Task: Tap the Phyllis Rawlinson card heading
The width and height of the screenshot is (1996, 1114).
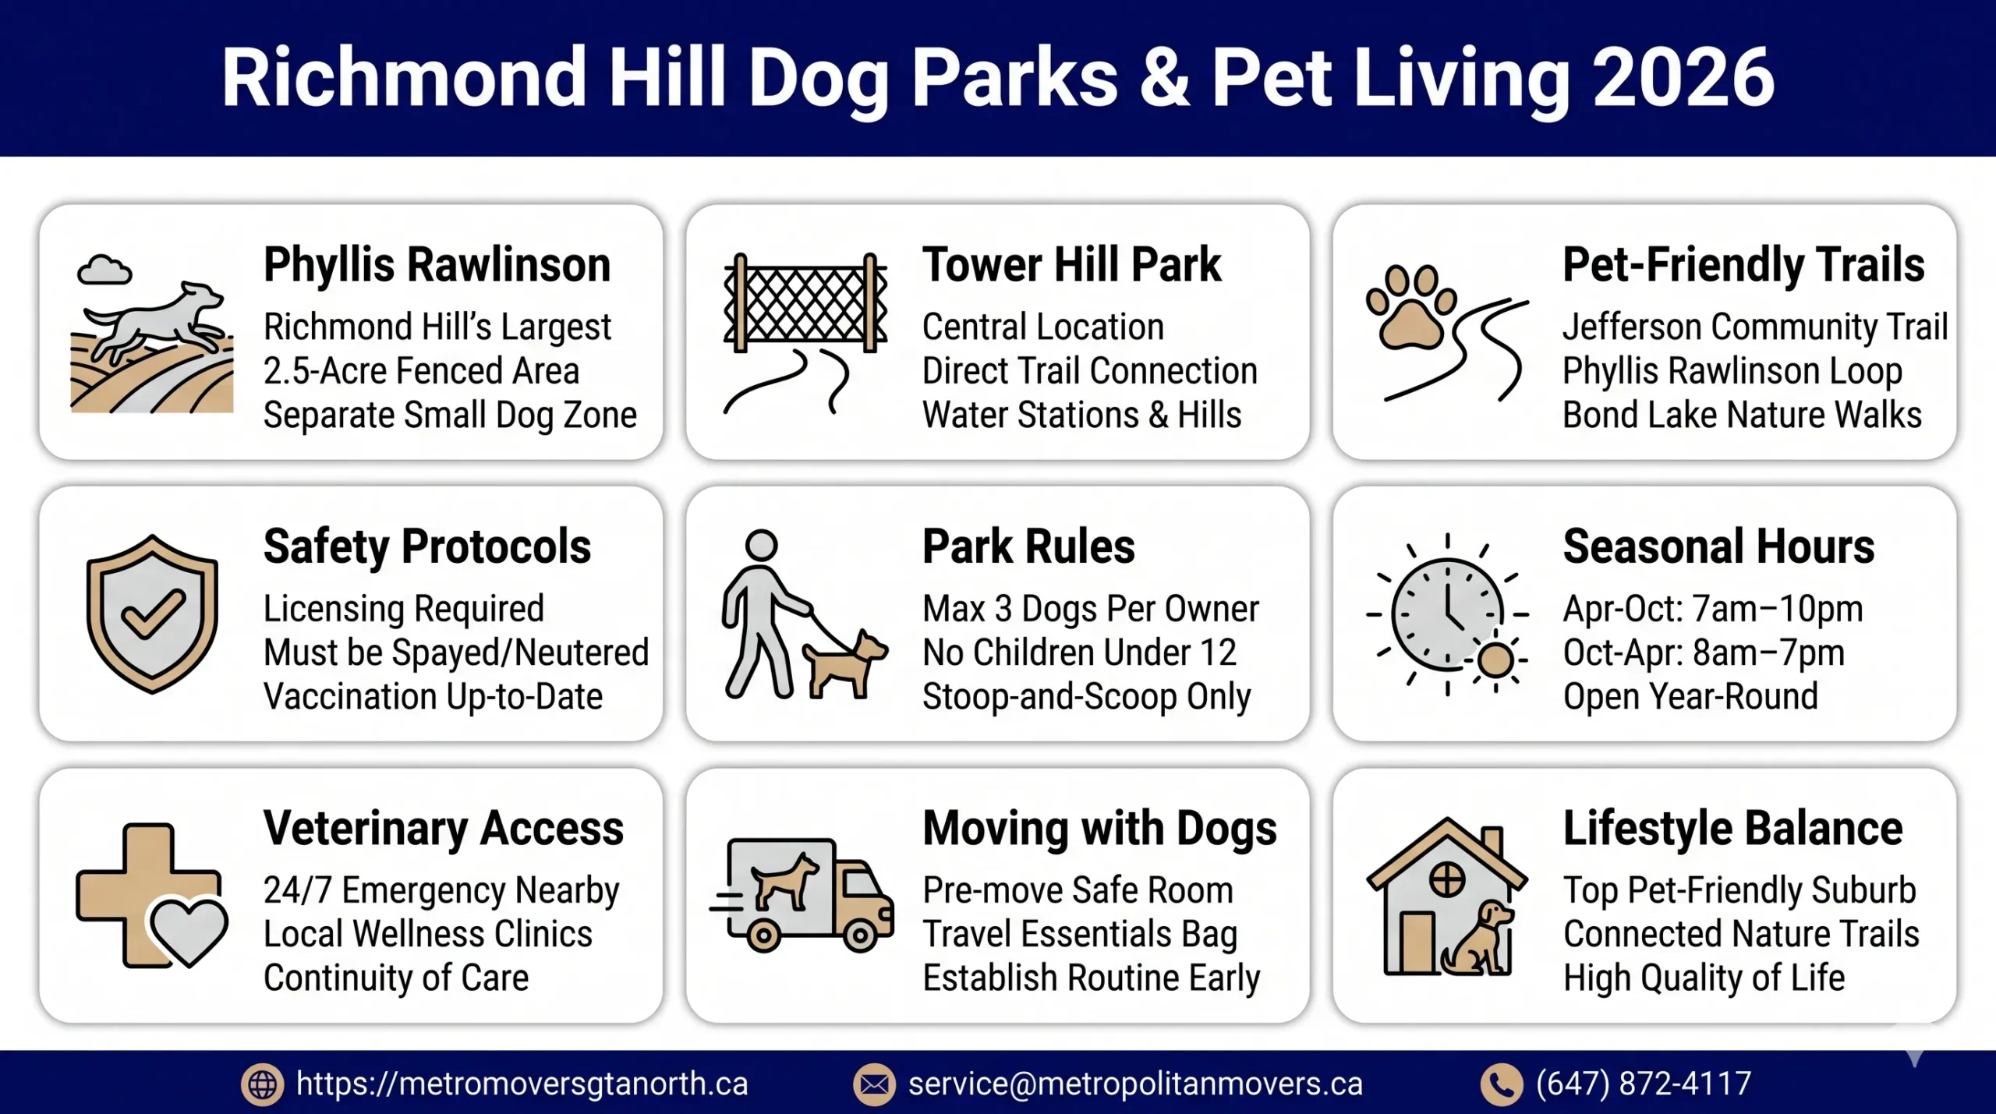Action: click(437, 265)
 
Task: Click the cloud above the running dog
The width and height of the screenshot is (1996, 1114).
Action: click(104, 271)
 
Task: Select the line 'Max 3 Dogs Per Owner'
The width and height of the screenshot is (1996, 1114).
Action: click(1090, 609)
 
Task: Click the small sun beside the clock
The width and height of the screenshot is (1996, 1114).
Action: click(1495, 661)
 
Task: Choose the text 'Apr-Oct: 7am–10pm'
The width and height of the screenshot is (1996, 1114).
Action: click(1712, 609)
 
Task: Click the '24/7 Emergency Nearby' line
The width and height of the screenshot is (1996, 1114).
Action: click(441, 890)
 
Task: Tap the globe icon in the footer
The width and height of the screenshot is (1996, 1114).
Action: click(263, 1084)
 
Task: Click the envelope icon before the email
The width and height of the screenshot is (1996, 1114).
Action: click(874, 1084)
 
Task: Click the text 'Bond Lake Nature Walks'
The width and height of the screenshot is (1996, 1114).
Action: click(1742, 416)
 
